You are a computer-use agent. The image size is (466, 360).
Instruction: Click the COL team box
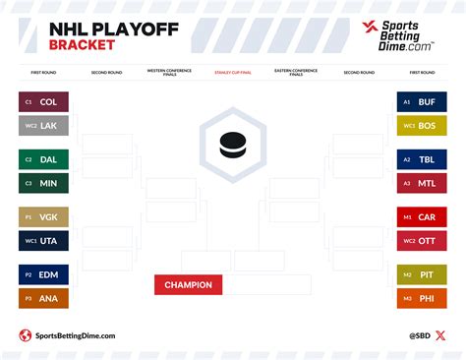[x=43, y=101]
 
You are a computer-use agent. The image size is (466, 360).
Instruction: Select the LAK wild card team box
[x=43, y=125]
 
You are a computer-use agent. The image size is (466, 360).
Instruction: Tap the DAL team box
[x=43, y=159]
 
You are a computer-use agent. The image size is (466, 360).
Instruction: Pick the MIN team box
[x=43, y=183]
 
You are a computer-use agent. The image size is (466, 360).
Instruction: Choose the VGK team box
[x=43, y=217]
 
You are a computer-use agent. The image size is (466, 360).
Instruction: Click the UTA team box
[x=43, y=241]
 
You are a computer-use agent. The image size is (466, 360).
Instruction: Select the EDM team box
[x=43, y=276]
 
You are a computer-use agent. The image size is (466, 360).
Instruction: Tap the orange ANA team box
[x=43, y=299]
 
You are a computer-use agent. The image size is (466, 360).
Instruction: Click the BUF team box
[x=422, y=101]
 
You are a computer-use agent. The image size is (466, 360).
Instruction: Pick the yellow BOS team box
[x=422, y=125]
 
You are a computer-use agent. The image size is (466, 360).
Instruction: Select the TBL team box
[x=422, y=159]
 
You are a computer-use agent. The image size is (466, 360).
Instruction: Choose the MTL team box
[x=422, y=183]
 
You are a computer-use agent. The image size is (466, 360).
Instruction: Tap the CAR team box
[x=422, y=217]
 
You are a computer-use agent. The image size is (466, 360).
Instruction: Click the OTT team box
[x=422, y=241]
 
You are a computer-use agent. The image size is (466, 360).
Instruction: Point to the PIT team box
[x=422, y=276]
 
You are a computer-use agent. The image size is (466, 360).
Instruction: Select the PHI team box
[x=422, y=299]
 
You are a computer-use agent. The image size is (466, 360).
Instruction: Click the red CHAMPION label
[x=189, y=285]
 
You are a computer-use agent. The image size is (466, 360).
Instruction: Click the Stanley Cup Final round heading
[x=232, y=72]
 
